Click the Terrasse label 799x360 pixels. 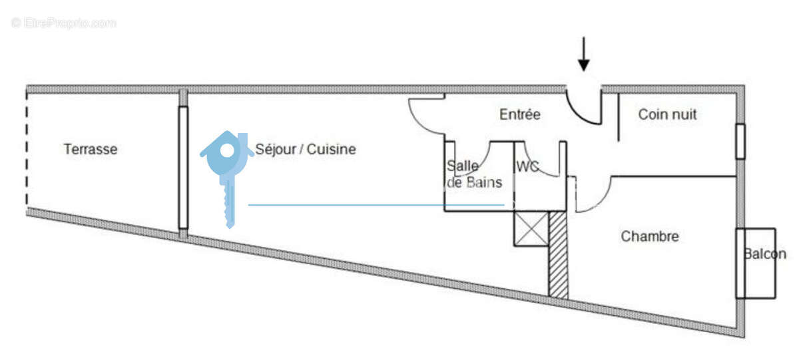point(91,149)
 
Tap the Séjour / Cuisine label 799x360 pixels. point(306,149)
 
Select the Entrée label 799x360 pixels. point(520,114)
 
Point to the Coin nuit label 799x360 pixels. point(667,114)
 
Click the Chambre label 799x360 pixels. point(650,236)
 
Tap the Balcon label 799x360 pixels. point(765,254)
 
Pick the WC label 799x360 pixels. point(527,166)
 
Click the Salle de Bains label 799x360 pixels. point(474,174)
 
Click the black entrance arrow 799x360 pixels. point(583,54)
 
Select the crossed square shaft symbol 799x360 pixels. point(531,228)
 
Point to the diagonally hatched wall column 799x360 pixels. point(558,254)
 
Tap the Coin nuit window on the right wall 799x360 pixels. point(740,141)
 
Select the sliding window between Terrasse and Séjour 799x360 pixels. point(183,168)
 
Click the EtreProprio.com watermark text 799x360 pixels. point(63,23)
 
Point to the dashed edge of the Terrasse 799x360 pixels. point(27,150)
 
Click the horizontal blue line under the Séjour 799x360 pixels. point(376,205)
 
